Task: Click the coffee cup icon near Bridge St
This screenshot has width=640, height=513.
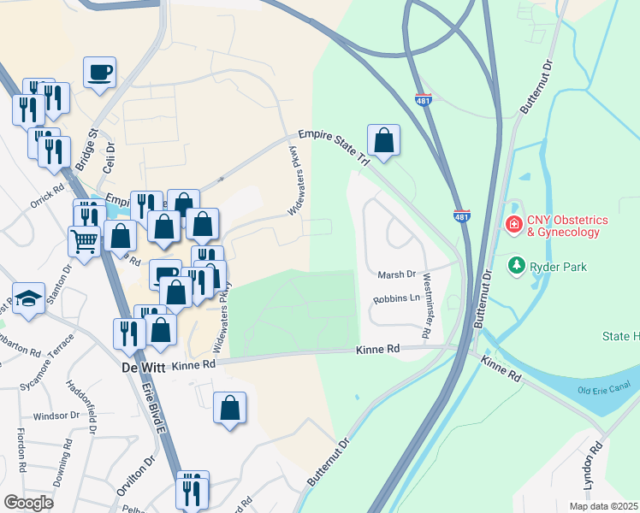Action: [x=100, y=72]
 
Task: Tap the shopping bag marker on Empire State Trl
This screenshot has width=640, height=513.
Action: [x=384, y=139]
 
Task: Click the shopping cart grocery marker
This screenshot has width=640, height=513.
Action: [x=84, y=241]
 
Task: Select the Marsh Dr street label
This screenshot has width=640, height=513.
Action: [x=396, y=274]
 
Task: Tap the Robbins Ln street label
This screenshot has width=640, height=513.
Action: [x=396, y=299]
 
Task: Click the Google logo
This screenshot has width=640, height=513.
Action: [x=28, y=501]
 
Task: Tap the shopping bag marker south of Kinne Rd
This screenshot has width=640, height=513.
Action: [x=230, y=408]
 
